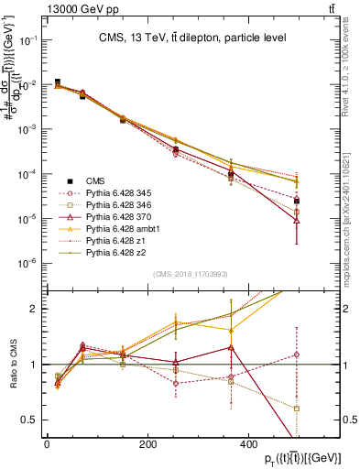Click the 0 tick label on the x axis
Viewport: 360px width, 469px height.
click(47, 443)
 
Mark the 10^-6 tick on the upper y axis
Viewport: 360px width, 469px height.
click(28, 264)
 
